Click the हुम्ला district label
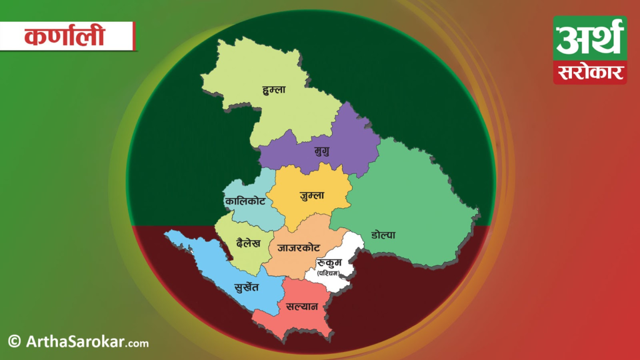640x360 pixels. click(274, 90)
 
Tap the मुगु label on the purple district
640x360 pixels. click(322, 151)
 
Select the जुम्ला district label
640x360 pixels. click(312, 195)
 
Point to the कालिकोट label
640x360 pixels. click(244, 201)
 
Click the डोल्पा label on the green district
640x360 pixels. click(383, 236)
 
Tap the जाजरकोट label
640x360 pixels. click(299, 247)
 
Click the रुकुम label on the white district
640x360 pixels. click(329, 262)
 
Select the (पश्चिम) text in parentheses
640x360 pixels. click(330, 273)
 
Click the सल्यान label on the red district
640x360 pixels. click(302, 307)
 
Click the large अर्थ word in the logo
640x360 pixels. click(589, 39)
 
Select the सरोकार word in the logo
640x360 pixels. click(589, 72)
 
